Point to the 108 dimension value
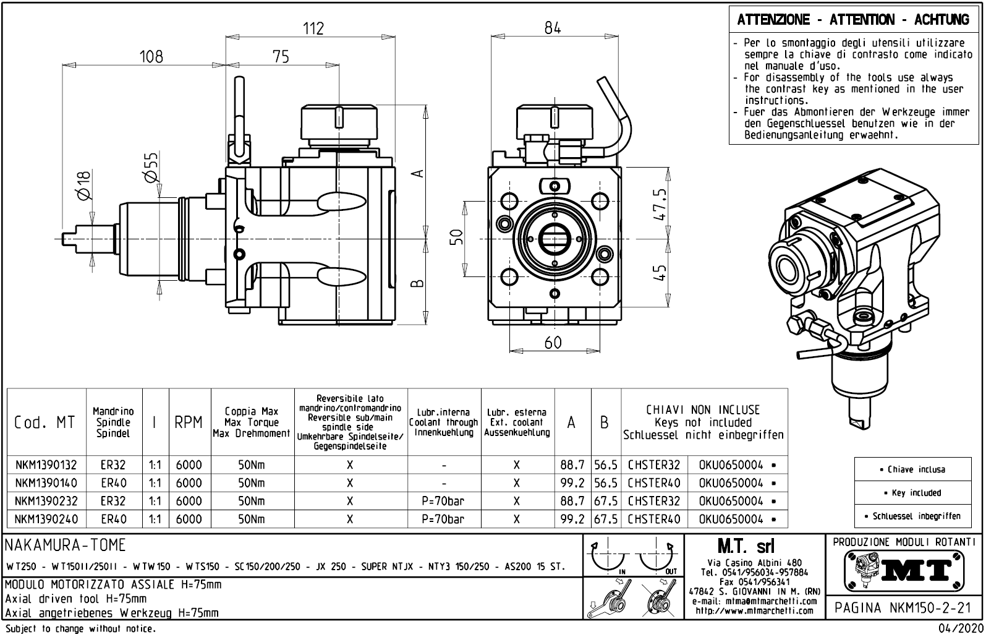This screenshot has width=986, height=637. pos(151,57)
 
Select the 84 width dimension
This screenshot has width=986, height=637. pos(553,28)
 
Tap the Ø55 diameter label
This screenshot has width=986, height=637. pos(151,168)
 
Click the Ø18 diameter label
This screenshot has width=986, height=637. pos(84,186)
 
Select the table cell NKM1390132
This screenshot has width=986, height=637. pos(46,465)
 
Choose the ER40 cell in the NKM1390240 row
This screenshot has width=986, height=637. pos(114,519)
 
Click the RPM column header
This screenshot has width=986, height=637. pos(188,422)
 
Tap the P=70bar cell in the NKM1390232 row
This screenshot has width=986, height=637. pos(443,501)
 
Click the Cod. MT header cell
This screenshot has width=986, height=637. pos(45,422)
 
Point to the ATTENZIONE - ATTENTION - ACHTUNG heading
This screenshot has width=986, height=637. pos(853,20)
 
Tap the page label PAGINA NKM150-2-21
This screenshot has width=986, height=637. pos(903,609)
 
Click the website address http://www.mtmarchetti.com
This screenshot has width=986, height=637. pos(754,611)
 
